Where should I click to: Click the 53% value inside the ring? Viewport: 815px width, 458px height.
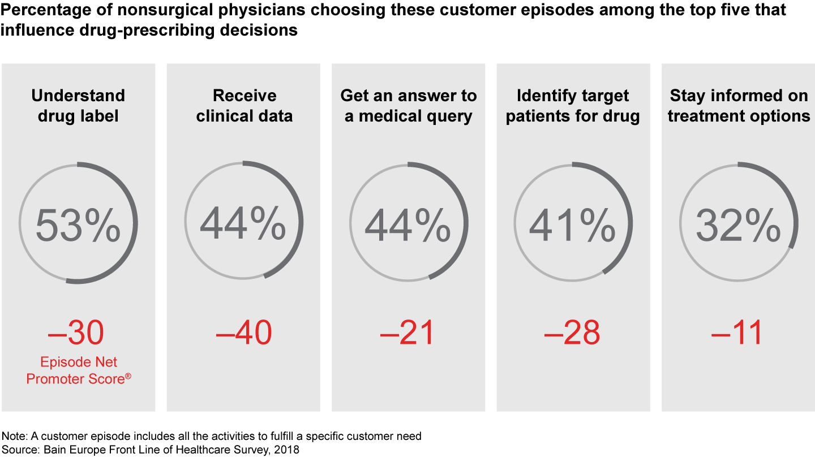78,224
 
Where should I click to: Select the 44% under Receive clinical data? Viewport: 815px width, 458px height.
243,224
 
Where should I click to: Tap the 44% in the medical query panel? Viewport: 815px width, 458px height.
408,224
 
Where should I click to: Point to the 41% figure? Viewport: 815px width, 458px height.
572,224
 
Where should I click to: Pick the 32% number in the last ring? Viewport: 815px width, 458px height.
738,224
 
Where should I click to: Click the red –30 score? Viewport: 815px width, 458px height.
76,333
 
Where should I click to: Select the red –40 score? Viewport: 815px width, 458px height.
243,333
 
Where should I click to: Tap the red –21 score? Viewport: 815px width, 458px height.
407,333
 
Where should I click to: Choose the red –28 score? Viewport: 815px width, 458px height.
572,333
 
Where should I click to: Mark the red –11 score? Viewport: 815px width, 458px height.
737,333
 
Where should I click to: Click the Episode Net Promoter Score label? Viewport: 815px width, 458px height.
78,370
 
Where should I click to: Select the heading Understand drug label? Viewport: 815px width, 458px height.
78,106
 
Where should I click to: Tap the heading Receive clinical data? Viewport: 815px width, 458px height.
244,106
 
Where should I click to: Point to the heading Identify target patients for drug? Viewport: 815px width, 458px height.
573,106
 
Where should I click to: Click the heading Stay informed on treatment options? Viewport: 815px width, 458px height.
738,106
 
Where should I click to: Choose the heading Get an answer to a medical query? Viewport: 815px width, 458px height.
408,106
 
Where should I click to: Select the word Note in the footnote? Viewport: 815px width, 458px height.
13,437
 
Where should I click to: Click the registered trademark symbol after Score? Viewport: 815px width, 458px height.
128,375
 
